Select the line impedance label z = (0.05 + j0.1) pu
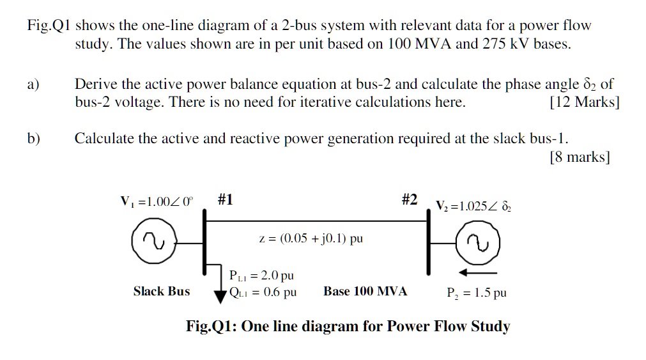coord(311,239)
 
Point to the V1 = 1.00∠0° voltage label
coord(156,202)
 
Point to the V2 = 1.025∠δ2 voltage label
coord(473,206)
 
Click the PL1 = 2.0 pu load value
coord(261,276)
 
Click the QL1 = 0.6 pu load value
coord(263,292)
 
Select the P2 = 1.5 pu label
coord(477,293)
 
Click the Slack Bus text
coord(162,292)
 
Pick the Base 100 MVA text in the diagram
coord(365,292)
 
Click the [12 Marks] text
coord(584,102)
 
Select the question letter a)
coord(33,84)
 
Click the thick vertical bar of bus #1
coord(204,243)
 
